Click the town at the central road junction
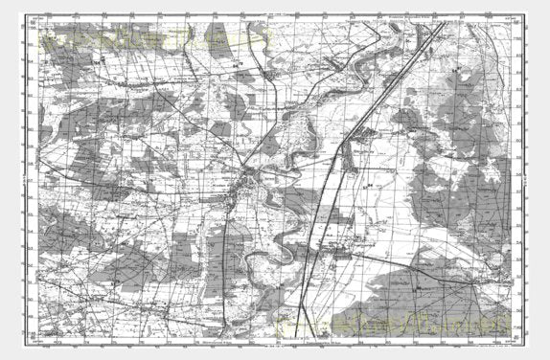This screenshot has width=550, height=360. pos(248,176)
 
